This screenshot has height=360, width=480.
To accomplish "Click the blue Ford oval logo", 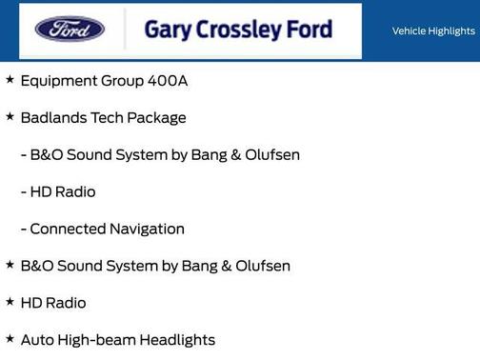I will (70, 29).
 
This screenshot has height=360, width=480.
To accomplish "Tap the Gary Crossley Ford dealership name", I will (238, 30).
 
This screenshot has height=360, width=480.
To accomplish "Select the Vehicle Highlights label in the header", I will (433, 30).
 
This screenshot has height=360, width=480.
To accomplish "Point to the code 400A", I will (168, 81).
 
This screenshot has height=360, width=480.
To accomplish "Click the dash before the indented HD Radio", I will (23, 192).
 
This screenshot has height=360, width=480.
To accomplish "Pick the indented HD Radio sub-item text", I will (63, 192).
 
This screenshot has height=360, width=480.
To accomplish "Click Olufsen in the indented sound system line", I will (270, 155).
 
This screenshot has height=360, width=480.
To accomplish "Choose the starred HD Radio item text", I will (53, 304).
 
